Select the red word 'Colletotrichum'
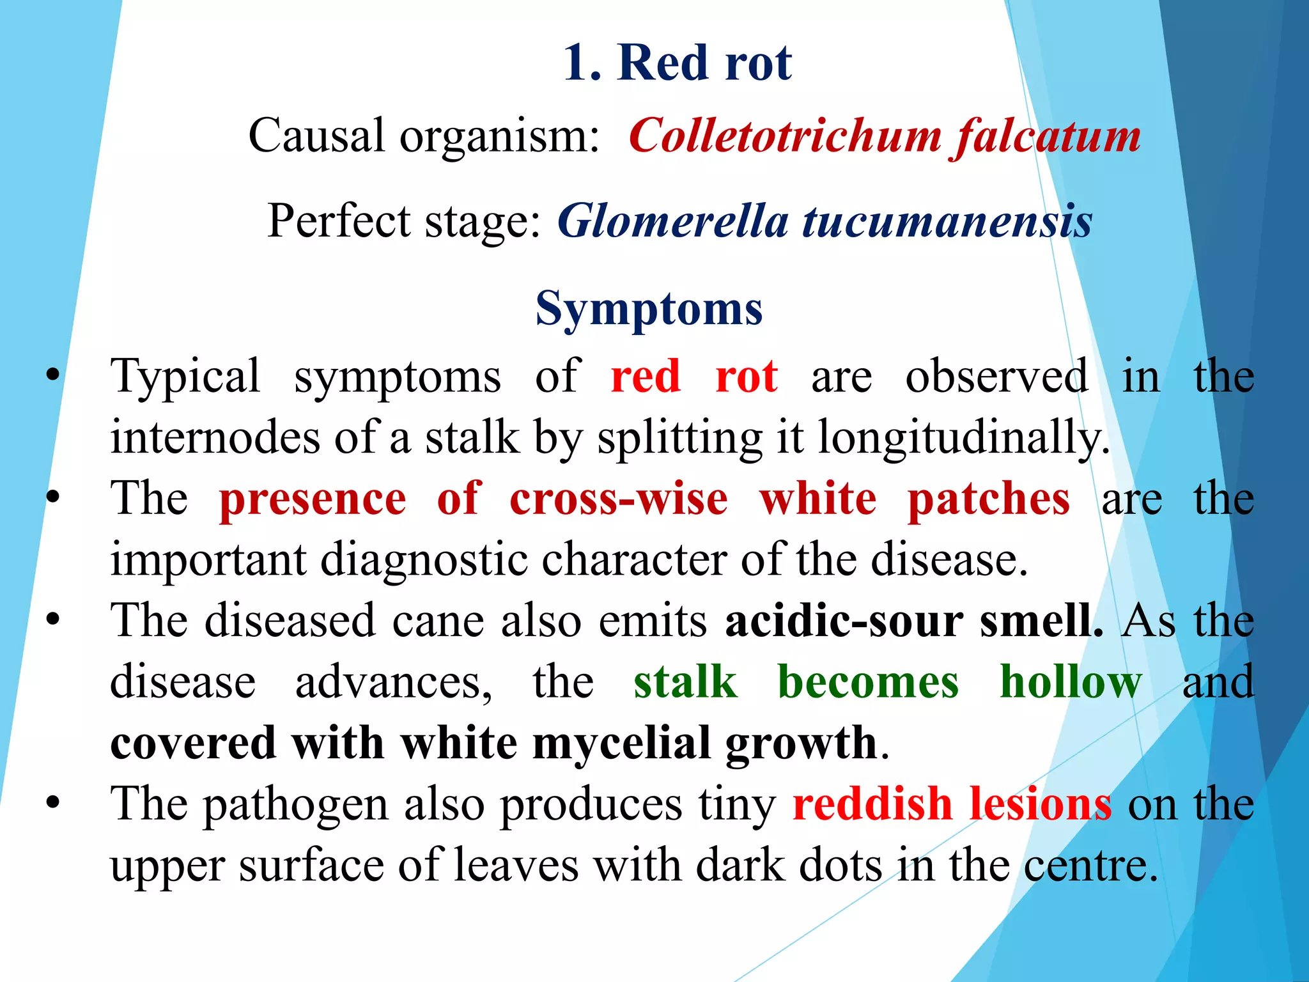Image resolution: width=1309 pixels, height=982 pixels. [785, 136]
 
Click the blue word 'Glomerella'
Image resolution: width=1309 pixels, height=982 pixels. [672, 221]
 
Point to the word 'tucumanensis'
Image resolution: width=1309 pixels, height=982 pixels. [947, 221]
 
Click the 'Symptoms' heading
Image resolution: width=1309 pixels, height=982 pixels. [649, 309]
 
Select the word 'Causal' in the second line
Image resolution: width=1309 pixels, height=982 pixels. [317, 136]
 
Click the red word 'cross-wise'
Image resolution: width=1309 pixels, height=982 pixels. [618, 499]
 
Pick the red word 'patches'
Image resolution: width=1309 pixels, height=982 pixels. [988, 499]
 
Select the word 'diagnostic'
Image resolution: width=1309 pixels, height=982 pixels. [423, 560]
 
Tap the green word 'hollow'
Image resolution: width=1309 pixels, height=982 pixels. [1071, 682]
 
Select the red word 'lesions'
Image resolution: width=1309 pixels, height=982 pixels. [1040, 804]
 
